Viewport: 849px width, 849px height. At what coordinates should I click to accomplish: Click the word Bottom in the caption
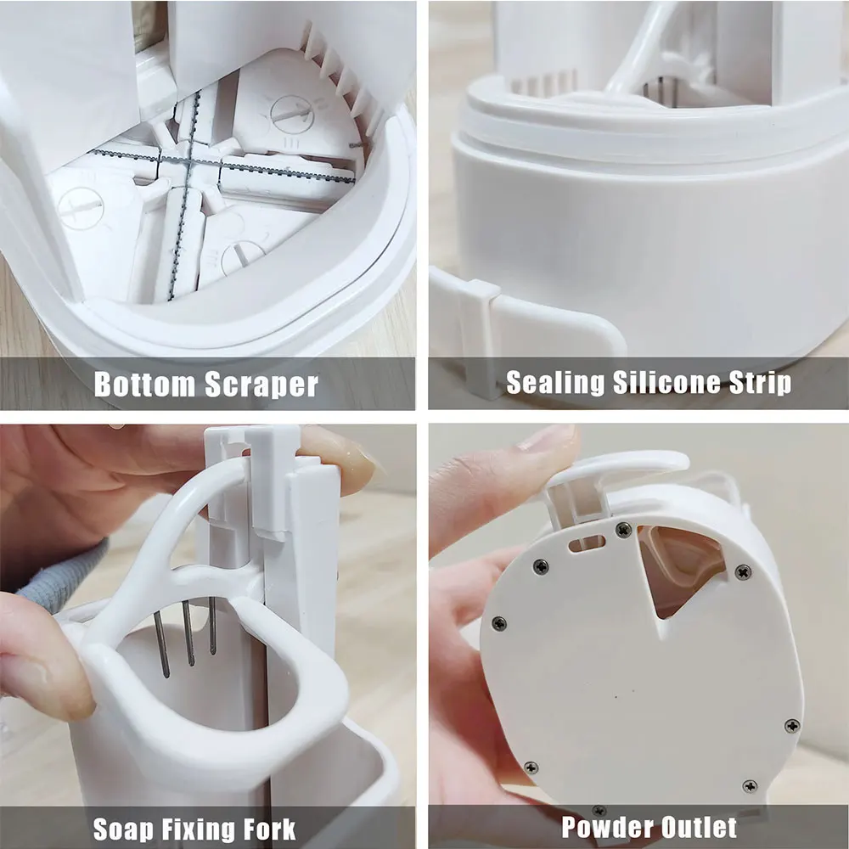coord(143,384)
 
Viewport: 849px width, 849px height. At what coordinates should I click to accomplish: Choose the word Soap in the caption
coord(127,828)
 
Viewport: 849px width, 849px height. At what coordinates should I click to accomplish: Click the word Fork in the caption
coord(271,828)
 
